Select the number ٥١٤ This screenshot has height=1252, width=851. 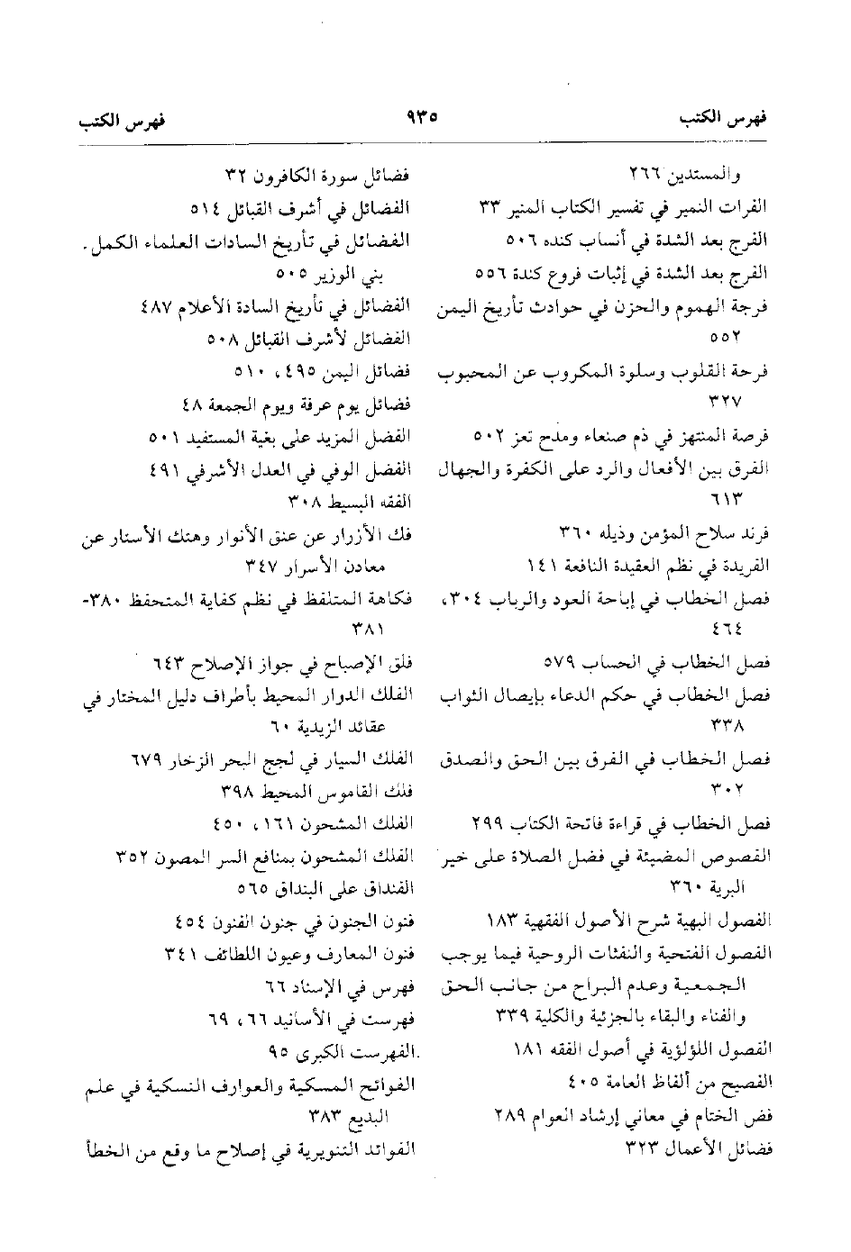point(206,208)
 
